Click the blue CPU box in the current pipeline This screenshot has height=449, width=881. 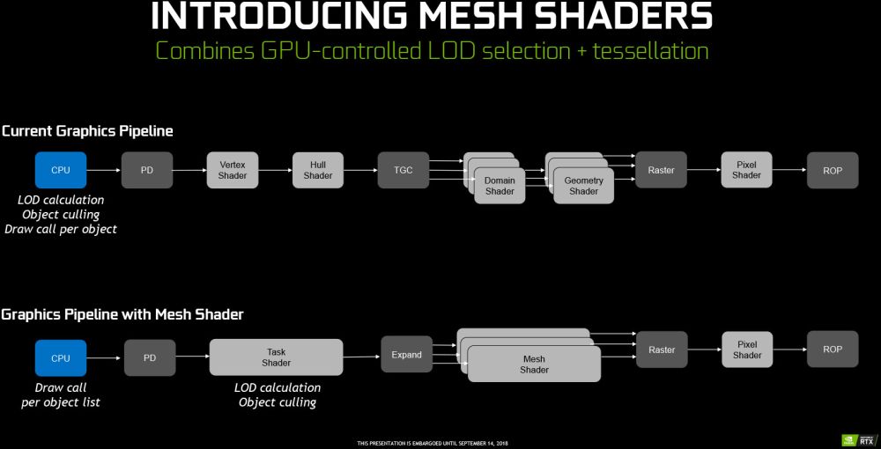pos(61,170)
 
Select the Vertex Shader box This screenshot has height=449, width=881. pos(233,170)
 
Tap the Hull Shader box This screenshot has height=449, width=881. pos(318,170)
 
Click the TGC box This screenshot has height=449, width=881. pos(403,170)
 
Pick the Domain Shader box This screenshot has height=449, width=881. pos(500,186)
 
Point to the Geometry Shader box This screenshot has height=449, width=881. pos(583,186)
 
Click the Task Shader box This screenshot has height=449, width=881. pos(276,357)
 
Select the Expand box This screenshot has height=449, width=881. pos(407,355)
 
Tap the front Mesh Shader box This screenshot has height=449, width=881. pos(534,364)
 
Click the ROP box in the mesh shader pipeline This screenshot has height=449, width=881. pos(833,350)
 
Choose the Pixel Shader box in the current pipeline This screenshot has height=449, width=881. pos(746,170)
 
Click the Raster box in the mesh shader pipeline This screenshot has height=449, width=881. pos(662,350)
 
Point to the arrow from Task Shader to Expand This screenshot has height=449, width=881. pos(361,357)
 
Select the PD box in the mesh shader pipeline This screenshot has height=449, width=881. pos(149,358)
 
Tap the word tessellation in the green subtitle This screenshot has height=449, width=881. pos(650,50)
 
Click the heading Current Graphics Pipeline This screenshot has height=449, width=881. pos(87,131)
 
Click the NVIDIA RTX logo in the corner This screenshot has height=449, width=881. pos(853,438)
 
